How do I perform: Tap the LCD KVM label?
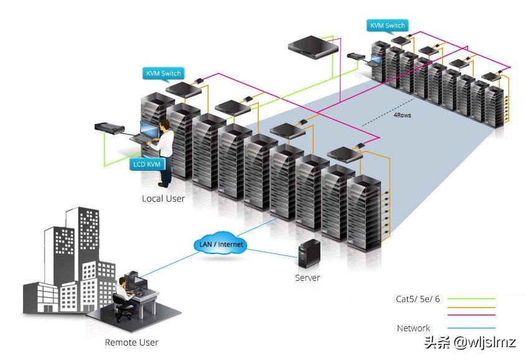(147, 164)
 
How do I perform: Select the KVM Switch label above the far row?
(387, 26)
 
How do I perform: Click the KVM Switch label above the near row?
(163, 73)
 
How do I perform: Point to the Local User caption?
(163, 199)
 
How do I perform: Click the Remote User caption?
(131, 342)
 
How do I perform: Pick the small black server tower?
(309, 253)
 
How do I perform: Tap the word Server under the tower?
(308, 278)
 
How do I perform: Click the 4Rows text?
(402, 115)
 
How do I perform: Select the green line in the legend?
(471, 298)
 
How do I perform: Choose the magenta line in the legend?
(471, 315)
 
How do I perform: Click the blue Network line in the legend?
(471, 328)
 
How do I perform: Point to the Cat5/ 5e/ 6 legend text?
(418, 299)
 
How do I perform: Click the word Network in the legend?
(413, 328)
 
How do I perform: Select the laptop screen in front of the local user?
(149, 130)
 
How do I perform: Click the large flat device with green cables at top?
(313, 47)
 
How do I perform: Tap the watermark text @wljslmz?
(484, 342)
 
